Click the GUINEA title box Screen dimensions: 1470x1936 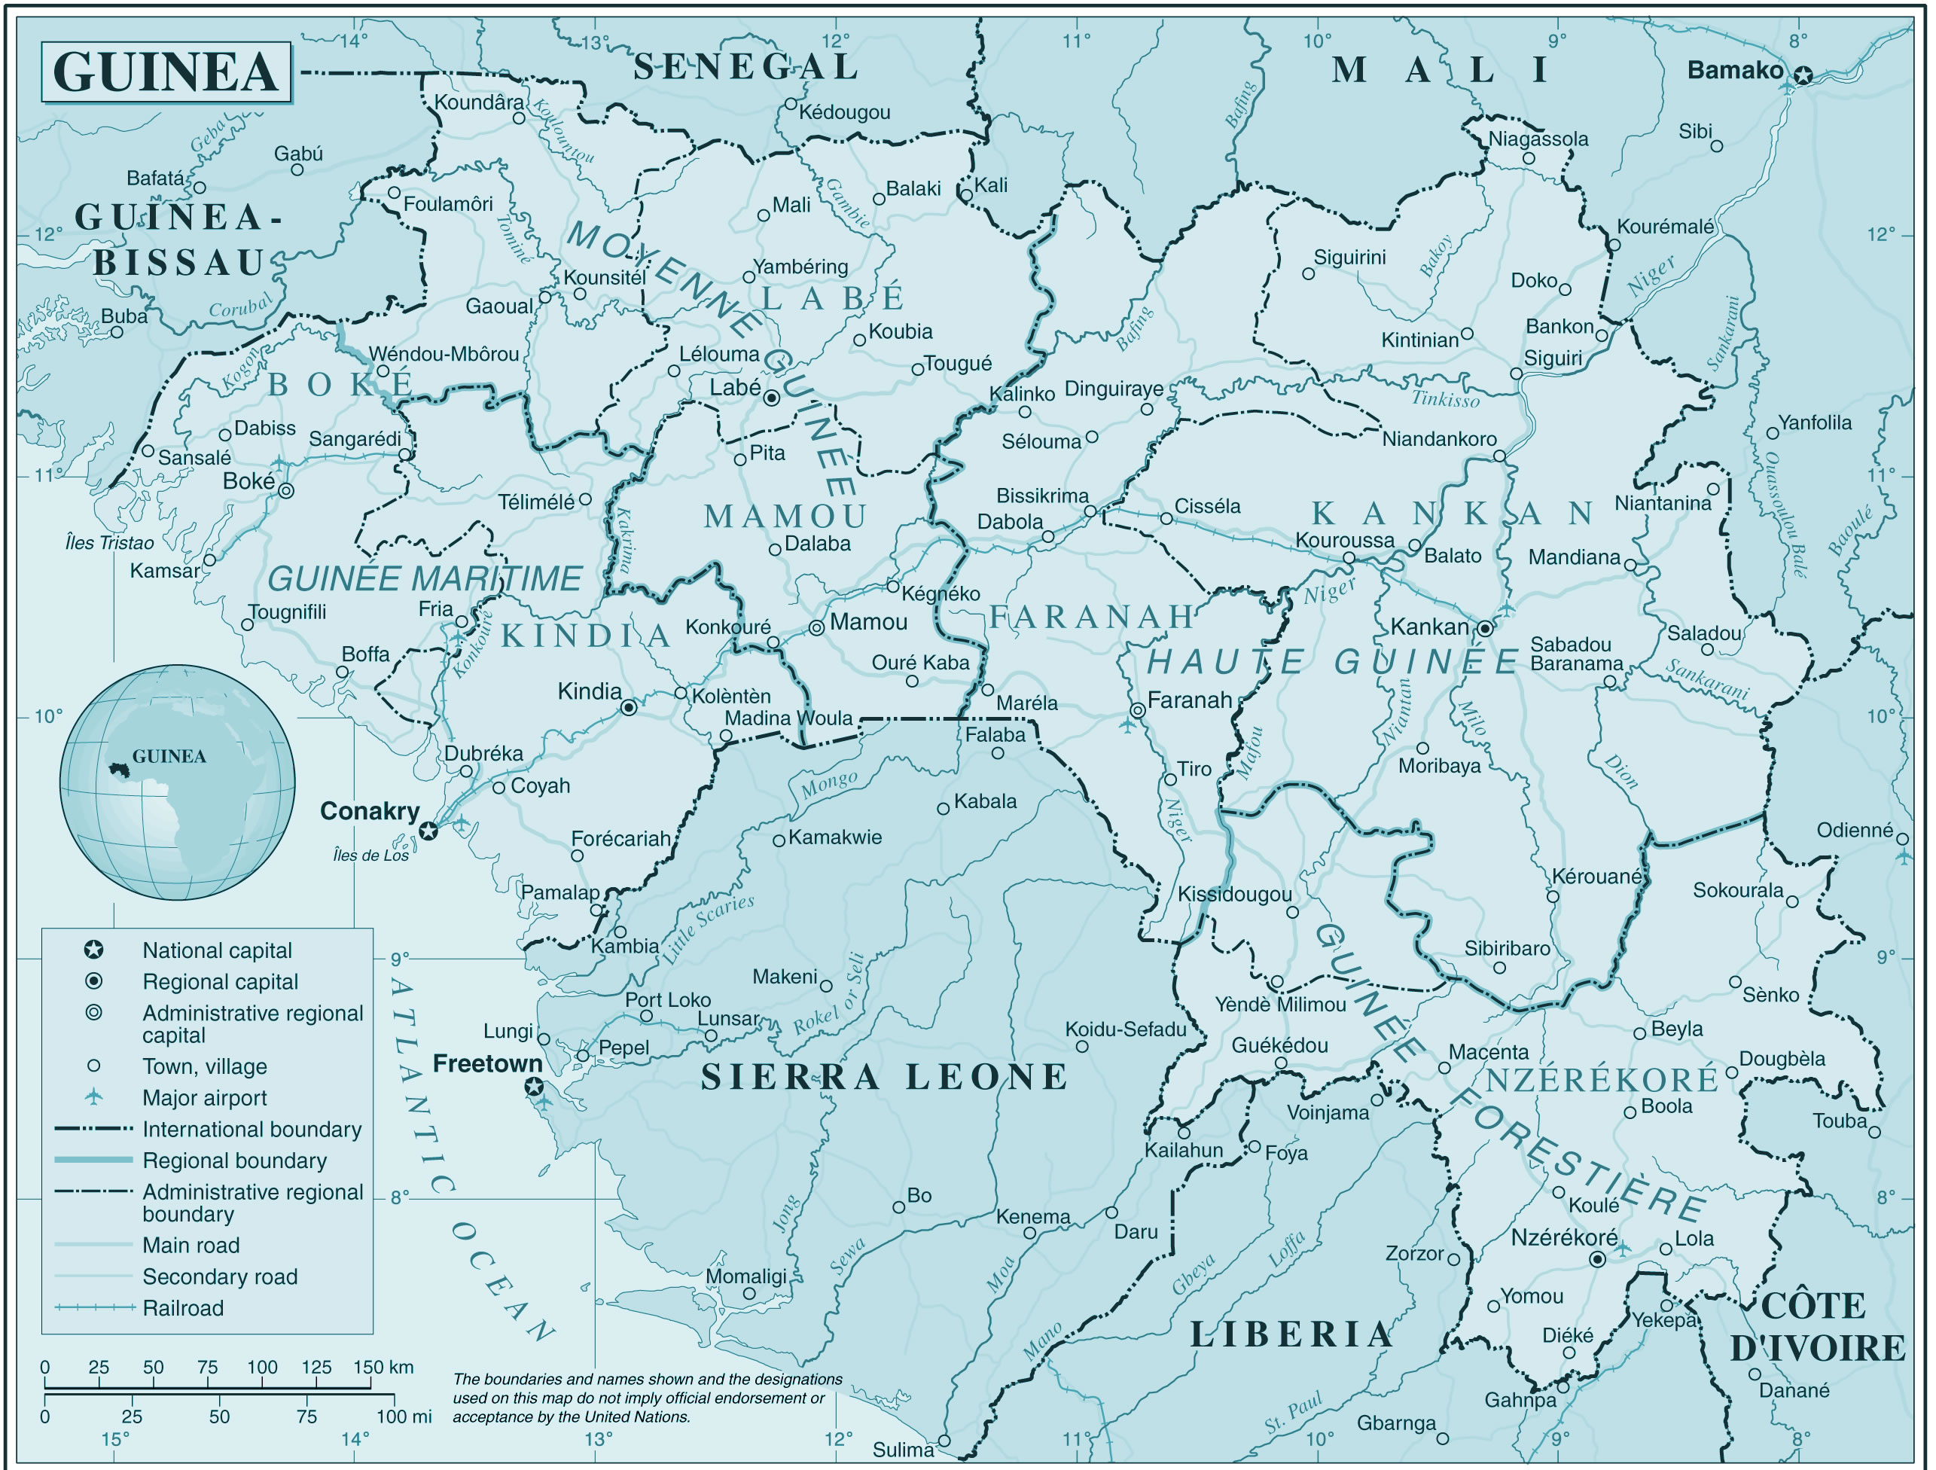166,72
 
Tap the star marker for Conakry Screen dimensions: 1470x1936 428,831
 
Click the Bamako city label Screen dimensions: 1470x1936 1734,71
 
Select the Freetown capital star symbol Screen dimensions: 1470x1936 534,1087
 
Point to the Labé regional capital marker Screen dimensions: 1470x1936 771,398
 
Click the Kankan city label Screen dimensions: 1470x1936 1428,627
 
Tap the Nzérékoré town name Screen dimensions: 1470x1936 1563,1237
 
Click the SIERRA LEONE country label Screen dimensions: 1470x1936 884,1077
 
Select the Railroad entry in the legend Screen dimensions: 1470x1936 183,1308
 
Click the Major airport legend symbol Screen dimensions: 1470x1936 93,1097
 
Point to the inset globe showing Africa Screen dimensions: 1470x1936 177,782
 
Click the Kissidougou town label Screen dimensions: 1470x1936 1234,894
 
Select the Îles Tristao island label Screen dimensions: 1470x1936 109,543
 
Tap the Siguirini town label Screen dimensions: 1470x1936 1349,257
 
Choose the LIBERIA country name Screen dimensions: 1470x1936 1290,1334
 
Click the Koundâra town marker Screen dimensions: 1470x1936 519,117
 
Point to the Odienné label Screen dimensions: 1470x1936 1854,829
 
